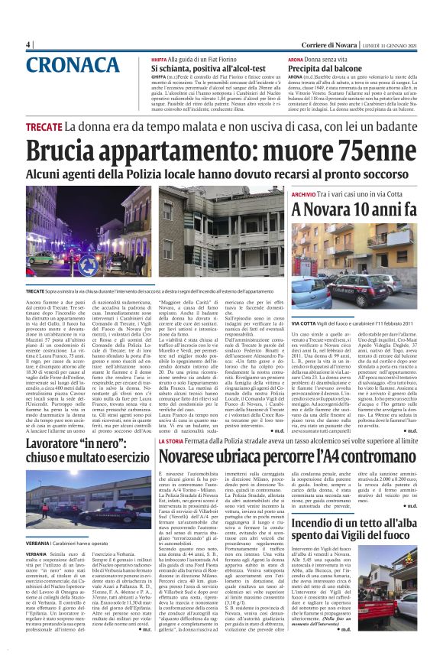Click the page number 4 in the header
click(27, 45)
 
